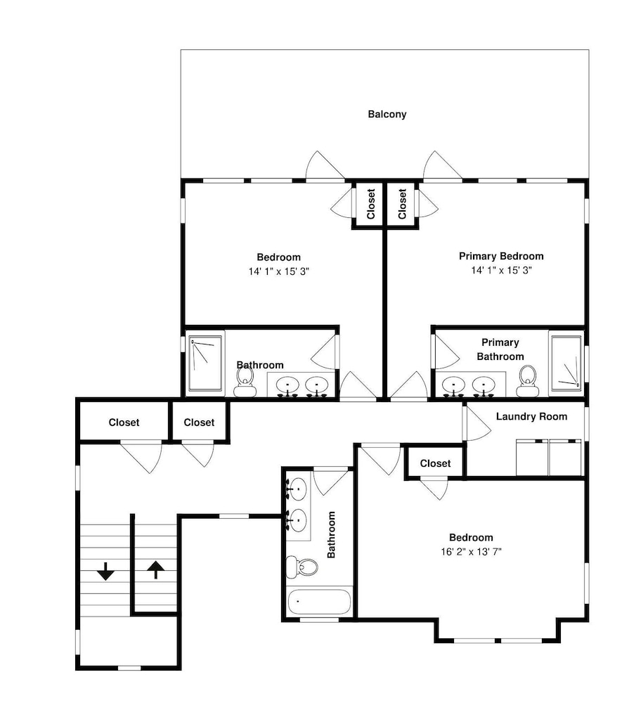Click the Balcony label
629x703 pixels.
point(387,115)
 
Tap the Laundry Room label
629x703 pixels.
point(531,416)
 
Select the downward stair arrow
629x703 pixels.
point(106,571)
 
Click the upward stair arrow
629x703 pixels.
point(155,569)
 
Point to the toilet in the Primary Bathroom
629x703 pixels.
point(527,381)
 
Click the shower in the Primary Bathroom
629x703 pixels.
point(566,363)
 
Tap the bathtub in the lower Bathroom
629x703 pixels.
point(319,602)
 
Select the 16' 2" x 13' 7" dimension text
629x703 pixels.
point(471,551)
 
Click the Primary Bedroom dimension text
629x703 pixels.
point(501,270)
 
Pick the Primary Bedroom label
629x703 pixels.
point(501,256)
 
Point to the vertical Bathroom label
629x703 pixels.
point(331,534)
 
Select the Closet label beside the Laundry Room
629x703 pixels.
point(435,463)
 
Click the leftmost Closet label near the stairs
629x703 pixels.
point(124,423)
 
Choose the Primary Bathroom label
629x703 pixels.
point(500,349)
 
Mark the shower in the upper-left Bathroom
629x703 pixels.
point(205,363)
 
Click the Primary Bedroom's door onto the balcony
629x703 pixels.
point(441,165)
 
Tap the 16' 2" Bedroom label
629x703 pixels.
point(471,537)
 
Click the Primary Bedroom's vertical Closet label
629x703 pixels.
point(402,204)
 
